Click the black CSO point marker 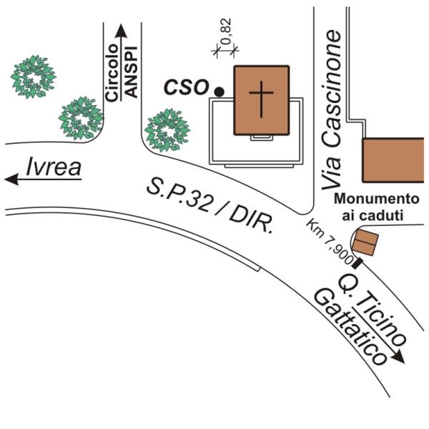point(220,91)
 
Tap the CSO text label point(187,87)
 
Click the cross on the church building point(262,98)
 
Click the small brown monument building point(367,242)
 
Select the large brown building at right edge point(395,160)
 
